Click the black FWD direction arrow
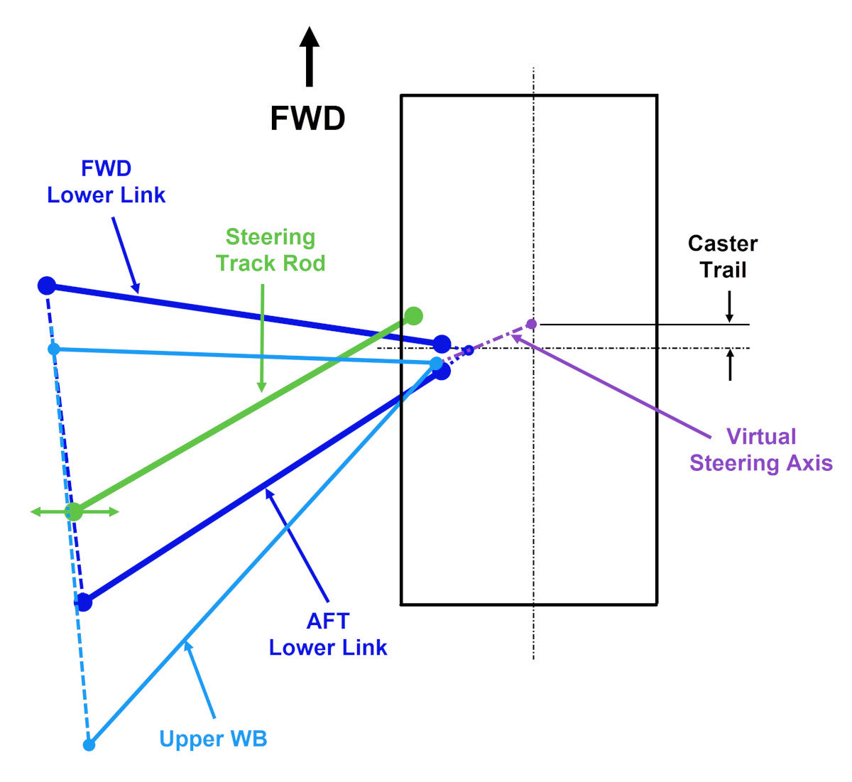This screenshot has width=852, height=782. tap(309, 57)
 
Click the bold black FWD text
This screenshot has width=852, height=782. tap(307, 119)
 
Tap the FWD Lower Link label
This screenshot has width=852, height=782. tap(106, 182)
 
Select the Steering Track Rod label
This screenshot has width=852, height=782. tap(271, 250)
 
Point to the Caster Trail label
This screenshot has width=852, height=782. tap(723, 257)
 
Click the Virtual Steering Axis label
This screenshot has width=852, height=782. tap(761, 450)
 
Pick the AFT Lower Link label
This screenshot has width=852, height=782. tap(328, 634)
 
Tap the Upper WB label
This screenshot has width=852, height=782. tap(213, 739)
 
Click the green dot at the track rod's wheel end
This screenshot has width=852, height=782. tap(413, 315)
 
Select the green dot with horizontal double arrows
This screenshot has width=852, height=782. tap(74, 511)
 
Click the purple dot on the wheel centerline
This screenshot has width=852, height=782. tap(531, 324)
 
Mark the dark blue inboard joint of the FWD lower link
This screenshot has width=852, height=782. tap(46, 286)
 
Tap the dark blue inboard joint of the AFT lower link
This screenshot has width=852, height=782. tap(84, 602)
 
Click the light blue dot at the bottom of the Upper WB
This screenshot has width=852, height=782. tap(89, 745)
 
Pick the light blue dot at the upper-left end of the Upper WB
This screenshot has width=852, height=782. tap(54, 349)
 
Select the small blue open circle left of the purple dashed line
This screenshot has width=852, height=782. tap(469, 350)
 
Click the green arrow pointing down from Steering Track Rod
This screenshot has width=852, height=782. tap(262, 338)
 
